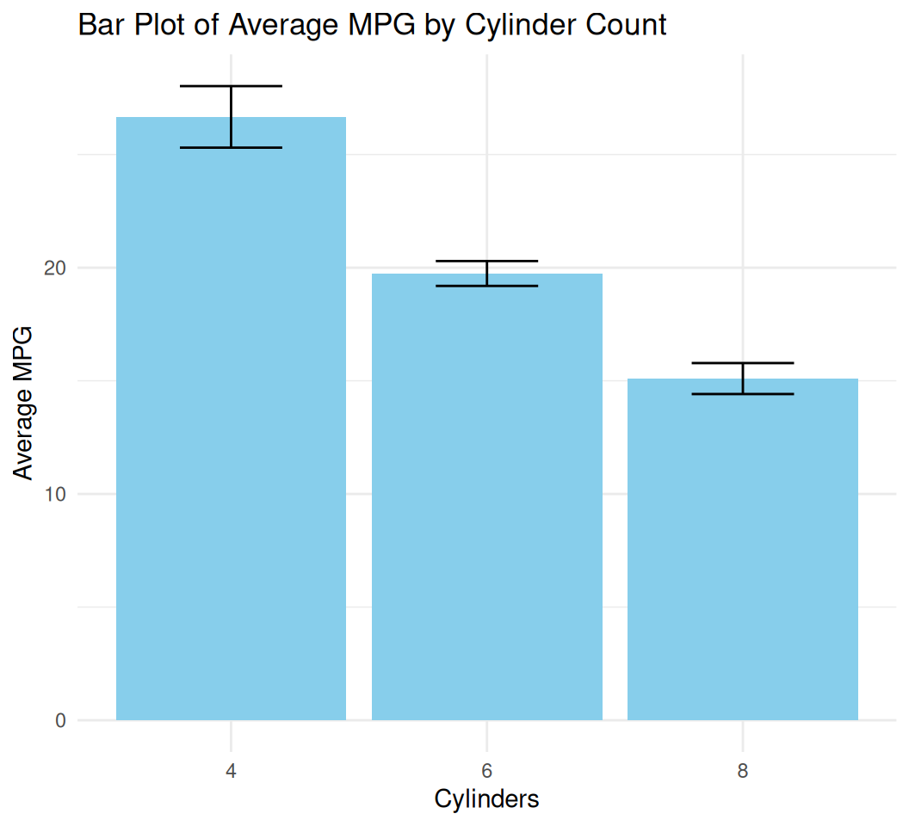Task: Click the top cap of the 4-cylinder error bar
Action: pos(231,86)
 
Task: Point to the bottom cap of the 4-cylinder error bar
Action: pos(231,148)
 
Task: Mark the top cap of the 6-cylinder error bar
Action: pos(486,261)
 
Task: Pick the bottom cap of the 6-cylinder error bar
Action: pos(486,286)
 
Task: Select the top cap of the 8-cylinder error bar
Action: pos(742,363)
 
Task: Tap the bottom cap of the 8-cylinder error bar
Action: pos(742,394)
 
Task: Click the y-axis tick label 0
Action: pos(60,721)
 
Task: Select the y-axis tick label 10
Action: pos(55,495)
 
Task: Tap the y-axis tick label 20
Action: pos(55,268)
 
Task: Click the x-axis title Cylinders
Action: pos(486,799)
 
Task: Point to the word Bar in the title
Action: pos(98,25)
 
